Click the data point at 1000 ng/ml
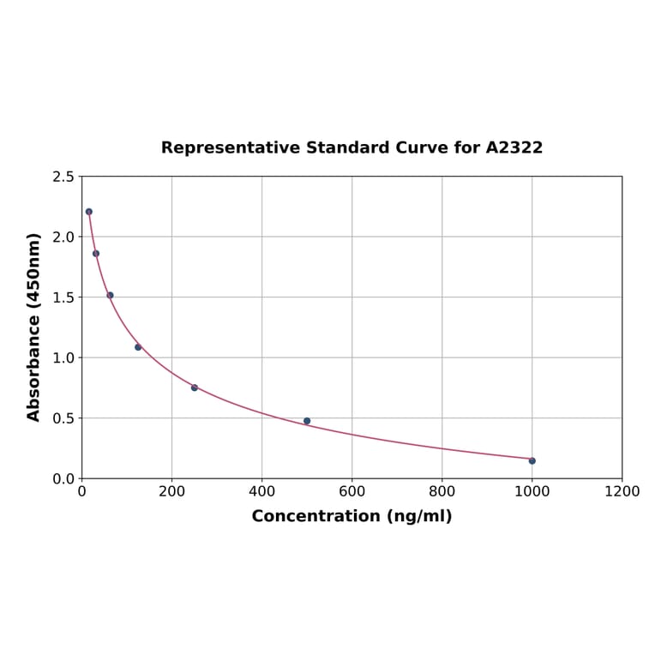532,460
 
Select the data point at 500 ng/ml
307,421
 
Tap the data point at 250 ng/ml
195,388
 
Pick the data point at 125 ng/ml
138,347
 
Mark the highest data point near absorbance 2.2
89,212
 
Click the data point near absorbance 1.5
110,295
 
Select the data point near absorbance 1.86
96,253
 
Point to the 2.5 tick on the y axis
63,177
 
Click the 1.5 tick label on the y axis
63,297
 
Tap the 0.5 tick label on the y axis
63,418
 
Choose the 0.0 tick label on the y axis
63,478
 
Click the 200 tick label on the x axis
171,491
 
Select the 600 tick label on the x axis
352,491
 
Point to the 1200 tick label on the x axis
622,491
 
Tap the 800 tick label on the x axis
442,491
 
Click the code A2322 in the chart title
514,147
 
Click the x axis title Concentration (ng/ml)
352,516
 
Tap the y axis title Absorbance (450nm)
34,327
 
